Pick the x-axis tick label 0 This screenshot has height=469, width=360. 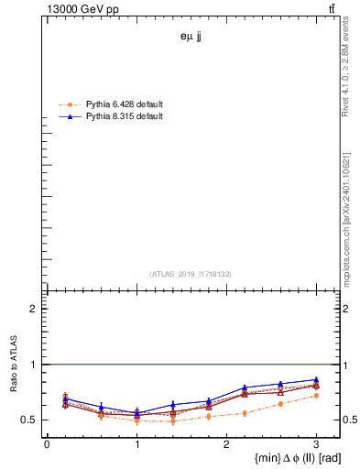[47, 444]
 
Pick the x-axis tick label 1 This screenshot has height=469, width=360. [136, 444]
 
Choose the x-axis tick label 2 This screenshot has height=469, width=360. [226, 444]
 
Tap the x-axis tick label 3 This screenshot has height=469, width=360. [316, 444]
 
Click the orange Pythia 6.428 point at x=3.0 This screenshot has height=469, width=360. [316, 396]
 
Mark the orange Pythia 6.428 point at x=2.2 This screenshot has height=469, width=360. [245, 413]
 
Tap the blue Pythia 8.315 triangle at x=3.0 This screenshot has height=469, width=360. [316, 379]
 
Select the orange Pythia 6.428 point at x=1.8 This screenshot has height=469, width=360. [209, 417]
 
